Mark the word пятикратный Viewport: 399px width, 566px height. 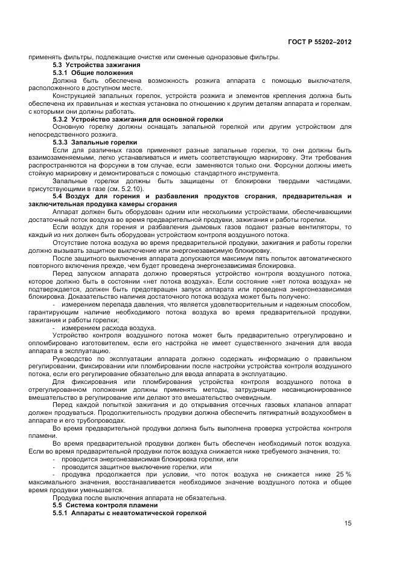click(x=266, y=412)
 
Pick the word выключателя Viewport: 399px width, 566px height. click(x=330, y=80)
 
